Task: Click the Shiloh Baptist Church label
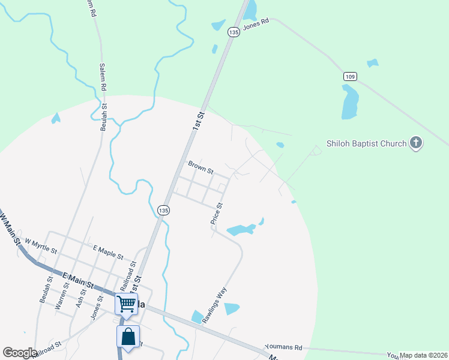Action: (366, 143)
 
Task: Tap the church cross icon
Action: (415, 143)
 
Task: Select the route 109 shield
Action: (351, 76)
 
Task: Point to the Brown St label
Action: (200, 167)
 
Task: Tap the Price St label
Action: (217, 214)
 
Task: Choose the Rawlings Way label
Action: (214, 306)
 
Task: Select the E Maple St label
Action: (108, 251)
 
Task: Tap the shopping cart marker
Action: (127, 304)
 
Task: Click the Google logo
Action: (19, 353)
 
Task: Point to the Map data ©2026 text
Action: (424, 355)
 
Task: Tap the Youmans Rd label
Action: (283, 347)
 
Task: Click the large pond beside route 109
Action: (349, 101)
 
